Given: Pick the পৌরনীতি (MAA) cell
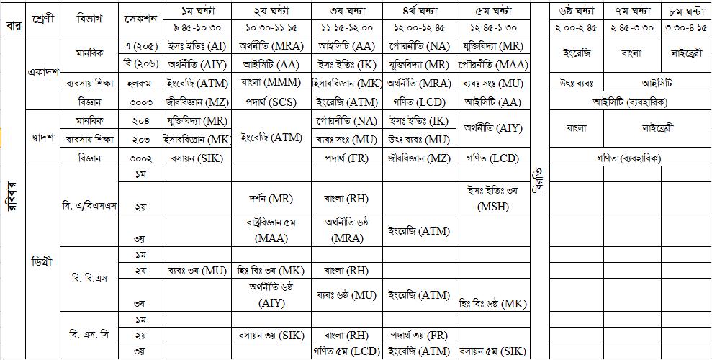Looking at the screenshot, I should [492, 64].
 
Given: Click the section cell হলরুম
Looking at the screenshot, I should [140, 84].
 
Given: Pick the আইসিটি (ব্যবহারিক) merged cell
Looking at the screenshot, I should [628, 102].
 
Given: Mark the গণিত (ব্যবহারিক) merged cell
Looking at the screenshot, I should [628, 158].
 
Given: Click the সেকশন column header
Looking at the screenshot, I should [140, 18].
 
